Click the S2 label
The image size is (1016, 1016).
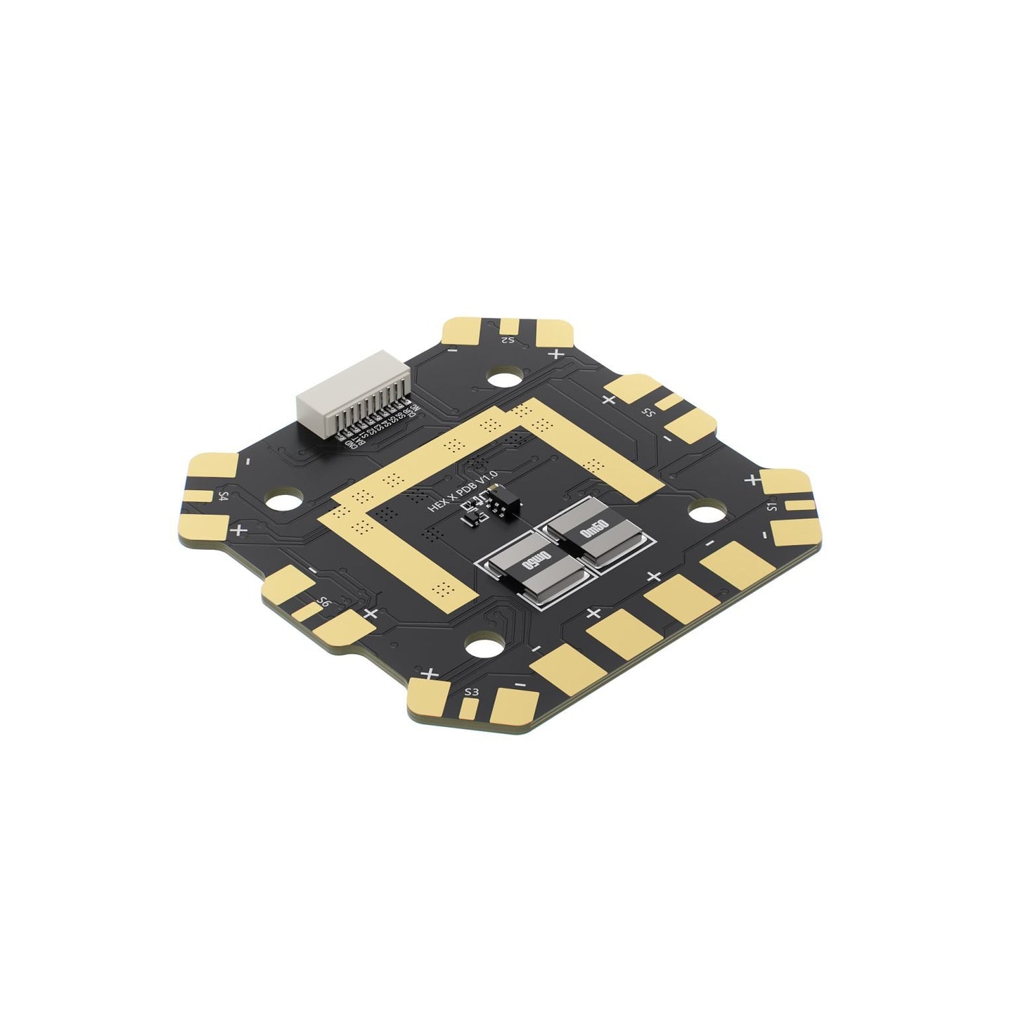507,340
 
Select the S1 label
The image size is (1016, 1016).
771,506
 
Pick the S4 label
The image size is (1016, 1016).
223,496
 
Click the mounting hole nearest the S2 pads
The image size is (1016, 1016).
504,378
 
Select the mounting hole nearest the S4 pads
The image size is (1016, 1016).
284,501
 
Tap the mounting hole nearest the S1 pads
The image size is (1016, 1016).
705,511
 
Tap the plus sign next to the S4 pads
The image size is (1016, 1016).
240,529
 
